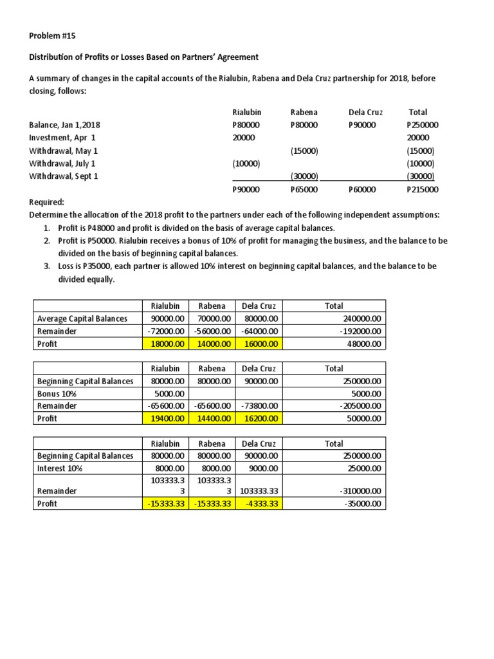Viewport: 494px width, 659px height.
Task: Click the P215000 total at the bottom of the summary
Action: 423,189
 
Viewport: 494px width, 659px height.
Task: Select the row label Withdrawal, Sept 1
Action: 64,176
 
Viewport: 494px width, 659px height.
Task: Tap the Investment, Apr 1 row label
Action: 62,138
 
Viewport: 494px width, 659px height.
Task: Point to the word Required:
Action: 46,201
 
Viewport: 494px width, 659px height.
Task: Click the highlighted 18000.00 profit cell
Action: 166,344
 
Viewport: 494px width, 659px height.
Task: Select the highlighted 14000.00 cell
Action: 212,344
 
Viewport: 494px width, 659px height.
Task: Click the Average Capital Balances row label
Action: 82,319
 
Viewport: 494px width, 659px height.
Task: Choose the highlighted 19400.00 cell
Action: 166,418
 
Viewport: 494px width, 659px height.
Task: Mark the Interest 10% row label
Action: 60,469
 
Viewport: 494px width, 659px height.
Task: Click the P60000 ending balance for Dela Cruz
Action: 362,189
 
